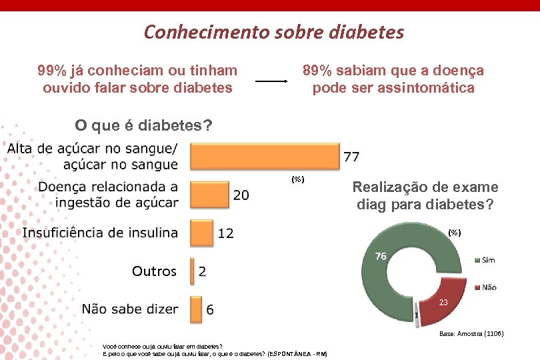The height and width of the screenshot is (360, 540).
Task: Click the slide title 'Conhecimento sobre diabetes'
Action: (274, 32)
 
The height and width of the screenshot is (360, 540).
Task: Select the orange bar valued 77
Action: (265, 157)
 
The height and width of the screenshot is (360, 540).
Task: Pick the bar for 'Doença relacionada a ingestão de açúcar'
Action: (209, 194)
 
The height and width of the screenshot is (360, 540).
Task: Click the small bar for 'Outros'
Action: (192, 271)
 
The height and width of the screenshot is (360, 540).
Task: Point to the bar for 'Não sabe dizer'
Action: (196, 309)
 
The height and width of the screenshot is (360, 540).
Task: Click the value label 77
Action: (352, 157)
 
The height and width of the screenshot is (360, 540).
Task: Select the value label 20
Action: (241, 195)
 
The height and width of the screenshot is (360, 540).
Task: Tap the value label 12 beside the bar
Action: (225, 233)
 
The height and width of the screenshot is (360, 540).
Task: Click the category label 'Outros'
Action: (154, 271)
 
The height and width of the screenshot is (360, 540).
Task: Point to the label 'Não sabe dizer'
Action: (130, 309)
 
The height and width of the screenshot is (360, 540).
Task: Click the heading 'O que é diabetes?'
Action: (143, 125)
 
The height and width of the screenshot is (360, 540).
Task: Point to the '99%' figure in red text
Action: (52, 71)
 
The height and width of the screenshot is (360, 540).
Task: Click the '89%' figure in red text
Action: (317, 71)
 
